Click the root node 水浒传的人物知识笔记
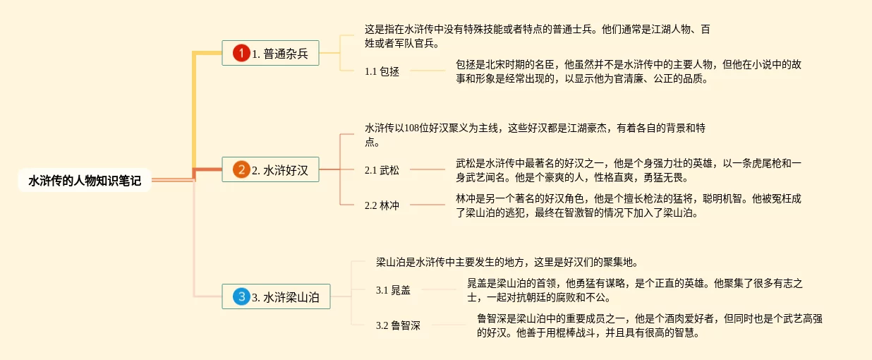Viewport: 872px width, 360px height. pos(85,181)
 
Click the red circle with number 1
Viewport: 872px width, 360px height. pos(241,53)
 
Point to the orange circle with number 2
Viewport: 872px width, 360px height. pos(241,169)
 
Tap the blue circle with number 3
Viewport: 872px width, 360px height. pos(241,297)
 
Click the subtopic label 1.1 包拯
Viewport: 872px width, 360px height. pos(382,71)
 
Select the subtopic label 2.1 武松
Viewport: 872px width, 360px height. pos(382,169)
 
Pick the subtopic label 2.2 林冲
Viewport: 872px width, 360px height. pos(382,205)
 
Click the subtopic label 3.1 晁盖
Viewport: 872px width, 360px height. pos(393,290)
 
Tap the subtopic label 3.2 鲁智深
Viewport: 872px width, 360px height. pos(398,325)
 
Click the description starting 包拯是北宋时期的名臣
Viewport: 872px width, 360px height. pos(628,71)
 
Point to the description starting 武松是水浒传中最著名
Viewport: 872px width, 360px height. pos(628,170)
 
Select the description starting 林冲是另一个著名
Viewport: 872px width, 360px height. pos(628,205)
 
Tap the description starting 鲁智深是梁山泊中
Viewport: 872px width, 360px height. pos(649,325)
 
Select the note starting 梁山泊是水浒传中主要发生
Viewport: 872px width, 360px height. pos(507,262)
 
